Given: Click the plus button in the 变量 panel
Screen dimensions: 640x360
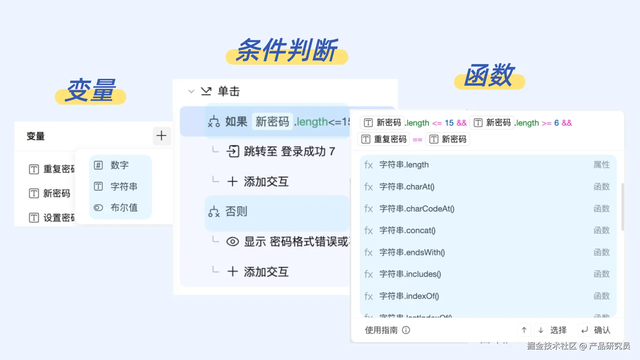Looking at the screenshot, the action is [162, 136].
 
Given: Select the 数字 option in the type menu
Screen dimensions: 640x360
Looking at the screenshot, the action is [119, 165].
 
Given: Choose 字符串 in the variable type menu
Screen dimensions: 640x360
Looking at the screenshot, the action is [123, 186].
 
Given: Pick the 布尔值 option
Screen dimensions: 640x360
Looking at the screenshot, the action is [124, 208].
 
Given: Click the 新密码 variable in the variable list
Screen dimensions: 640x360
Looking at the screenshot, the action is [56, 193].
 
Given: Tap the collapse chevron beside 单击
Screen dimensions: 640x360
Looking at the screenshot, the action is [191, 91].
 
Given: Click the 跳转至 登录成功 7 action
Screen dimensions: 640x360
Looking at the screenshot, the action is [289, 151].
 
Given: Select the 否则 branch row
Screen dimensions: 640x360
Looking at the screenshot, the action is [236, 211].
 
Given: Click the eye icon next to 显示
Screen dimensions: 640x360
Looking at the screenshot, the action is [233, 242].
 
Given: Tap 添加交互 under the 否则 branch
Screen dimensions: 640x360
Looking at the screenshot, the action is [266, 272].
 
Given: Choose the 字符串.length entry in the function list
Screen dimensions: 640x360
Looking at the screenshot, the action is [404, 165].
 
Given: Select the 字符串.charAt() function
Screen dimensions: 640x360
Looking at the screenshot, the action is [407, 187].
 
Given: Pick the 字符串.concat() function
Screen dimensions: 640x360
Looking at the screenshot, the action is [407, 230].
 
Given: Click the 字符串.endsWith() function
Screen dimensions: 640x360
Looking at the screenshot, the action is [412, 252].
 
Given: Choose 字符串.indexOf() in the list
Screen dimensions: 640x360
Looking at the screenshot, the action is [409, 296].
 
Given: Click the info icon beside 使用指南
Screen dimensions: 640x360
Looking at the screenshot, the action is [406, 330].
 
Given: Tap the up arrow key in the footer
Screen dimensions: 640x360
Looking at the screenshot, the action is [524, 330].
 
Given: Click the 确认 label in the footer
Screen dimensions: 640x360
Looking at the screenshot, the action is [602, 330].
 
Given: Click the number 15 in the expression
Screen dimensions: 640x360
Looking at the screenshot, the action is [449, 123].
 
